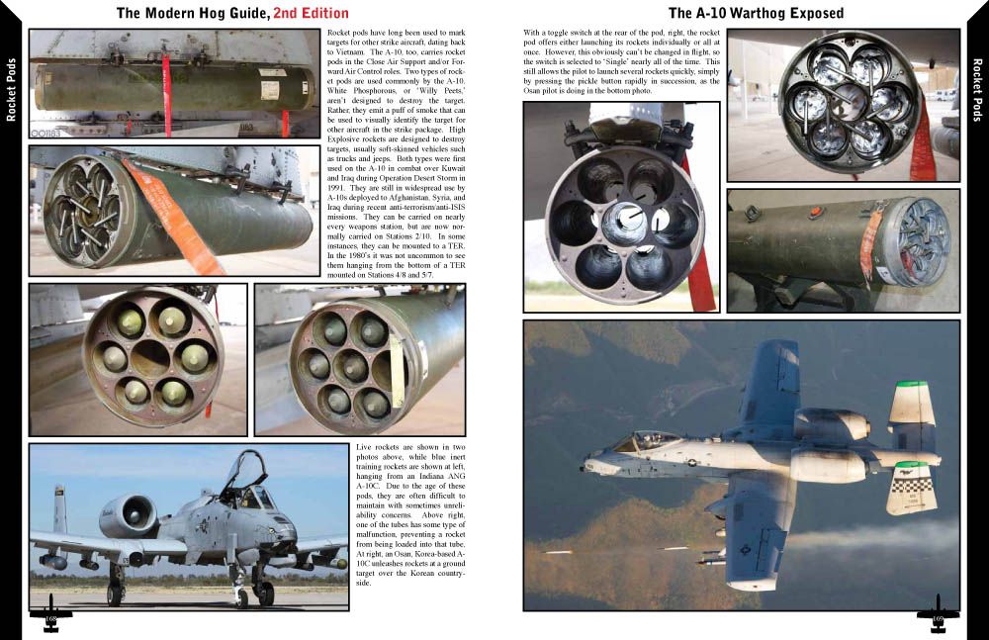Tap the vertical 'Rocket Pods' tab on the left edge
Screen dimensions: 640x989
point(12,89)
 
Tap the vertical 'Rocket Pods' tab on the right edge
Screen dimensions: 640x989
point(976,89)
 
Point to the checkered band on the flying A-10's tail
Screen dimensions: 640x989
point(911,485)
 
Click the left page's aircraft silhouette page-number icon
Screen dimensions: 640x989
point(51,614)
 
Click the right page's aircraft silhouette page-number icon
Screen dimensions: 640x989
point(938,614)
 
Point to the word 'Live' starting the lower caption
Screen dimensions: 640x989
point(364,449)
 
